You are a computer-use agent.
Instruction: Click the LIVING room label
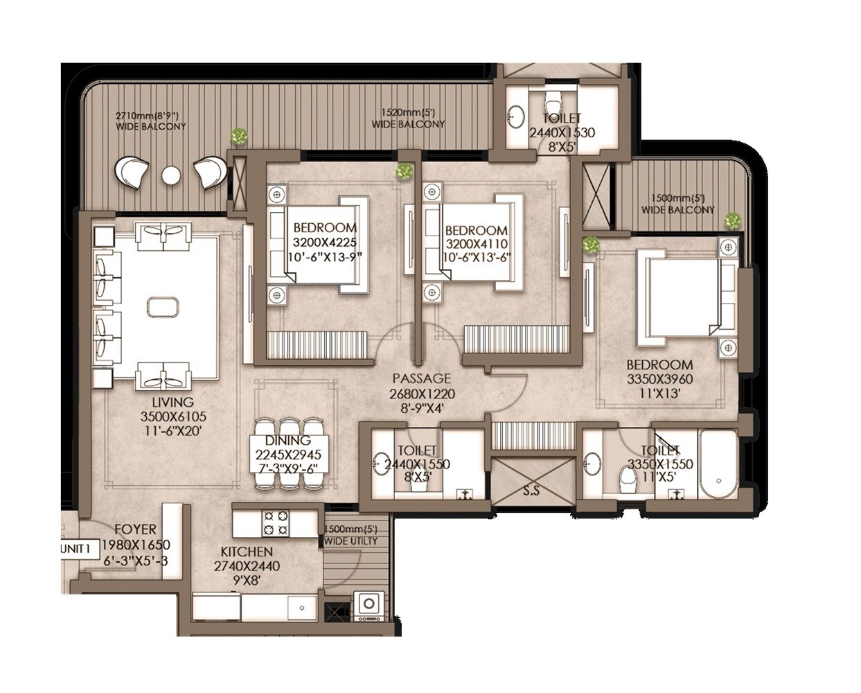coord(172,403)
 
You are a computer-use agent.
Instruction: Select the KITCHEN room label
coord(246,552)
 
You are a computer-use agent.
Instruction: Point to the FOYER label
coord(135,530)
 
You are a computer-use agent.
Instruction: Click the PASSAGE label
coord(421,379)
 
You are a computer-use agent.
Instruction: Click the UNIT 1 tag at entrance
coord(76,549)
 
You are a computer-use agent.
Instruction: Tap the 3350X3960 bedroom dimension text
coord(659,379)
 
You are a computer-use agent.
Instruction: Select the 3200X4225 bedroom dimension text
coord(325,243)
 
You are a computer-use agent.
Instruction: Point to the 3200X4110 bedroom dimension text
coord(477,244)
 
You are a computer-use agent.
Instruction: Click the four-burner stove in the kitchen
coord(275,523)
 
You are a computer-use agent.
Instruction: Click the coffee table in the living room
coord(163,306)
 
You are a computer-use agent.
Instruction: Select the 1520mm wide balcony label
coord(408,119)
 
